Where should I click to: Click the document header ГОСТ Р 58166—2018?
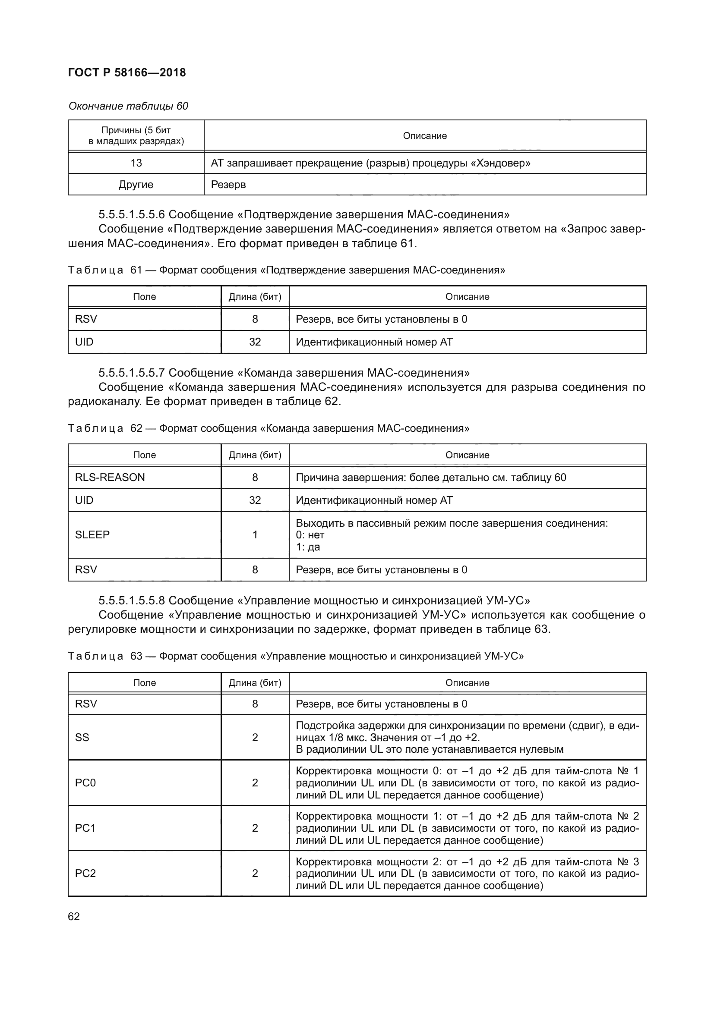(x=127, y=72)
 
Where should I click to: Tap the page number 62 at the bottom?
(x=74, y=916)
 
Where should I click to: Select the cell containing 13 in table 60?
(x=136, y=163)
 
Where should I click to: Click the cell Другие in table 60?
(x=136, y=185)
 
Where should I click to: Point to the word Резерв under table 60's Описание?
(x=228, y=185)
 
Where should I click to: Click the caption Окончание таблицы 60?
(x=128, y=106)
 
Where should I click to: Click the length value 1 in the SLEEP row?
(x=255, y=534)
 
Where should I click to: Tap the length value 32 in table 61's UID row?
(x=255, y=342)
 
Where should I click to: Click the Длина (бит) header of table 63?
(x=255, y=682)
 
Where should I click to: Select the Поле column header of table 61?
(x=144, y=297)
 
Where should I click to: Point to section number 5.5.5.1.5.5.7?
(x=132, y=373)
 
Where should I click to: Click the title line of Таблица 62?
(x=269, y=428)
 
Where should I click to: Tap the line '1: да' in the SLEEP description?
(x=308, y=547)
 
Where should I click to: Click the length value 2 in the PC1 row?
(x=255, y=828)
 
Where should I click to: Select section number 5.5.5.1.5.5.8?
(x=132, y=601)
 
